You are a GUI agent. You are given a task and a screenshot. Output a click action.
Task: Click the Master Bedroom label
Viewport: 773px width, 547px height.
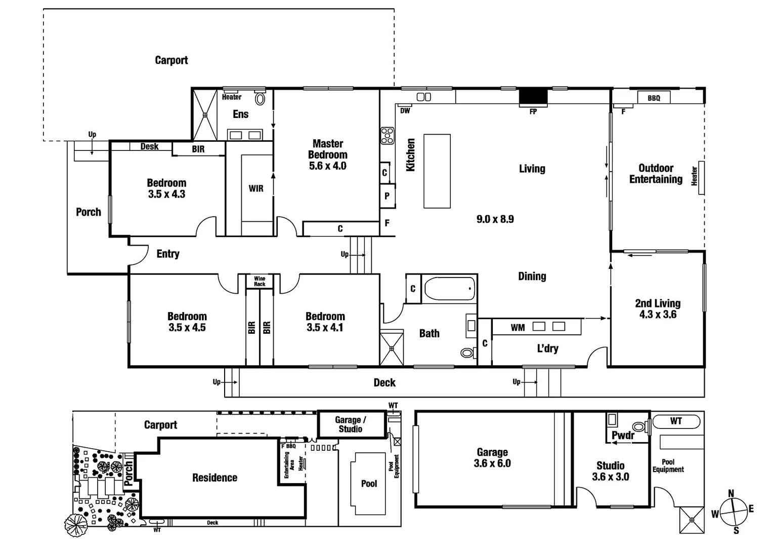(328, 149)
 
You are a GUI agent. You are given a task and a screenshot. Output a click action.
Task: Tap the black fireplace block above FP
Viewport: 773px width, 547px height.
(533, 96)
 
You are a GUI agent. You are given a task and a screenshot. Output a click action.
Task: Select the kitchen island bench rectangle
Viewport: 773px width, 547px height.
(437, 171)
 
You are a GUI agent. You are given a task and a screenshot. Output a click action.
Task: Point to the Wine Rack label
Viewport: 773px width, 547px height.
(260, 281)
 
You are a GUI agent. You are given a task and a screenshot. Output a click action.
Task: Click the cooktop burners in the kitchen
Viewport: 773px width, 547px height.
(388, 136)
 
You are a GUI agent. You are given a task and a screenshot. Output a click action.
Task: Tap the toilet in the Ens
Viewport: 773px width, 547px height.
(260, 99)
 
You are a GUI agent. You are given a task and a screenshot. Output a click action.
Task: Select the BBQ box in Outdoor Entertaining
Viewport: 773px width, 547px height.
(654, 98)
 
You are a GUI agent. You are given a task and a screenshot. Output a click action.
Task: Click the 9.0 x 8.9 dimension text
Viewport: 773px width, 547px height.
(495, 219)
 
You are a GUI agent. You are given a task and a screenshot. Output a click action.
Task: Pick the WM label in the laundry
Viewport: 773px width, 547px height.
(518, 328)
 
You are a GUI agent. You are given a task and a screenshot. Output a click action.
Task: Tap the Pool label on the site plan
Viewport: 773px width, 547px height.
(369, 484)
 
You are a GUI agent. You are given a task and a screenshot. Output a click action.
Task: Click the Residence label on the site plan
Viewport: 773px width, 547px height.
(214, 478)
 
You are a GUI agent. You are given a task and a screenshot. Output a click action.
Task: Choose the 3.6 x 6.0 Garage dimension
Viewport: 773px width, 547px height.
(492, 463)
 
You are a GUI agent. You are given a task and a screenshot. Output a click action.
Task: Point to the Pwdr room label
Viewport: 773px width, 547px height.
(623, 436)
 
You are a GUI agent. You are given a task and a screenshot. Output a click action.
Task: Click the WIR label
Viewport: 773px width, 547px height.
(256, 188)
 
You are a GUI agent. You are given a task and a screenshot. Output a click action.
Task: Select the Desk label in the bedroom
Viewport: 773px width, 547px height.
(149, 146)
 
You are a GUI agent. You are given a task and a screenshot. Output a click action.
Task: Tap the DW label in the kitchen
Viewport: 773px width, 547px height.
(405, 110)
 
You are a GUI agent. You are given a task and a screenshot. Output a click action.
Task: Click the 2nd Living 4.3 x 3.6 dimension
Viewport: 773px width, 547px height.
(658, 315)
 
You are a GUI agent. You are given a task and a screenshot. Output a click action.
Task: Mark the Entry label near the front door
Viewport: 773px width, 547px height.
(168, 254)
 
